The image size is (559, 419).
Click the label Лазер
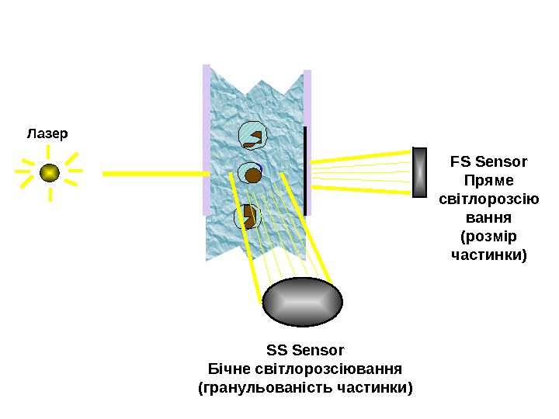[x=47, y=133]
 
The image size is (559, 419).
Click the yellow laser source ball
[x=50, y=172]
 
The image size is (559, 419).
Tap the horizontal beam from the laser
[x=151, y=174]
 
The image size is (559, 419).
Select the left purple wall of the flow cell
[x=207, y=140]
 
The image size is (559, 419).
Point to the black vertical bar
[x=306, y=171]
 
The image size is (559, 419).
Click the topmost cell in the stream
[x=252, y=135]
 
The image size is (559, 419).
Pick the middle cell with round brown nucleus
[x=251, y=174]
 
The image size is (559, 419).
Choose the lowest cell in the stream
[x=248, y=216]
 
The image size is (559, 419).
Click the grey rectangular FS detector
[x=420, y=172]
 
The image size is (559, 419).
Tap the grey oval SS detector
[x=303, y=302]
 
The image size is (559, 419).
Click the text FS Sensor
[x=488, y=162]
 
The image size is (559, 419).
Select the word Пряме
[x=488, y=181]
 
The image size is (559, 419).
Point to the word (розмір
[x=488, y=236]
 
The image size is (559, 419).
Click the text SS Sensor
[x=305, y=351]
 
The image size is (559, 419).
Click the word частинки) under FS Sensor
[x=488, y=255]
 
